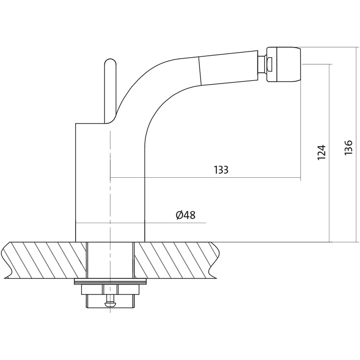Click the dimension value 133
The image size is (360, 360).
pyautogui.click(x=221, y=170)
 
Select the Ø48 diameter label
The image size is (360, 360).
pyautogui.click(x=185, y=215)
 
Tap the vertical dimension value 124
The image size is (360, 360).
pyautogui.click(x=321, y=153)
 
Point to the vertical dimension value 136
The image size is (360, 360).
pyautogui.click(x=348, y=148)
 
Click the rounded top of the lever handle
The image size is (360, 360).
pyautogui.click(x=110, y=62)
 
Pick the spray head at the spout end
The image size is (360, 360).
pyautogui.click(x=283, y=64)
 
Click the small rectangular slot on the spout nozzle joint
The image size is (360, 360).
pyautogui.click(x=270, y=64)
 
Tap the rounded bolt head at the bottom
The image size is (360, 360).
pyautogui.click(x=110, y=305)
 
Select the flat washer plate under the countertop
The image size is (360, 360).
pyautogui.click(x=110, y=281)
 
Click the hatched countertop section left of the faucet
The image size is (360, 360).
pyautogui.click(x=44, y=260)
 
